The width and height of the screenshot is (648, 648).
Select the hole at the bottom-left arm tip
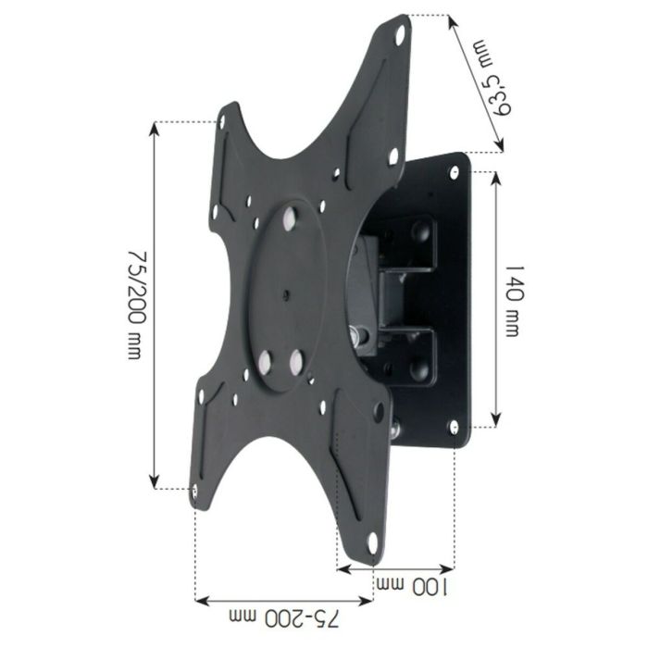click(194, 492)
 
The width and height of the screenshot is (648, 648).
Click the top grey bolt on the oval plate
click(291, 218)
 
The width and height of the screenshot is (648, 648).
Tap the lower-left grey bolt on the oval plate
click(265, 362)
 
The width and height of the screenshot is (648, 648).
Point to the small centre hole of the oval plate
click(285, 296)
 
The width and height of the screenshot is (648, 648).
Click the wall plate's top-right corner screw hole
click(455, 171)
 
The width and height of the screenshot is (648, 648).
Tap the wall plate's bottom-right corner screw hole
click(454, 426)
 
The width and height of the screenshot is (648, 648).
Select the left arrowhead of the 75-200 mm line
click(199, 599)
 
